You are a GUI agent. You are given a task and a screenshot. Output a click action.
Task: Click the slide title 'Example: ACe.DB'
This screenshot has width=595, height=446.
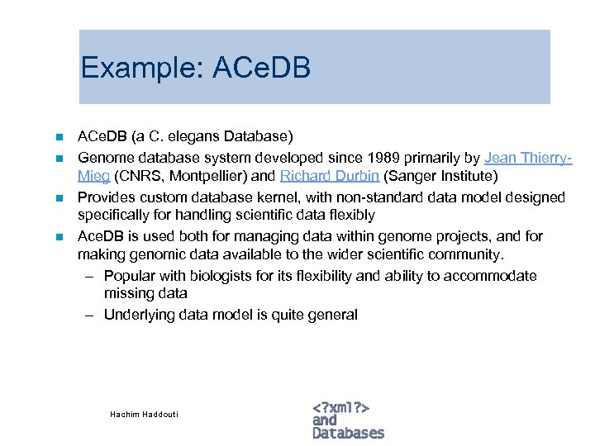click(196, 68)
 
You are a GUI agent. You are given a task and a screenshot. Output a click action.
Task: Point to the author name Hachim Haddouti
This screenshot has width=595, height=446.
click(144, 414)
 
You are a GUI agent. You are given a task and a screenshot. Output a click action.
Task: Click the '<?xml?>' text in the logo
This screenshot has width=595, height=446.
click(340, 407)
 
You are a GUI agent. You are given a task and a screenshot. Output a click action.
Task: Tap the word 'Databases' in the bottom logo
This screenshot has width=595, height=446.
click(348, 433)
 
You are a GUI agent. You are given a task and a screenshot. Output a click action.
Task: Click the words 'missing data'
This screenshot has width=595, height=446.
click(145, 294)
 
